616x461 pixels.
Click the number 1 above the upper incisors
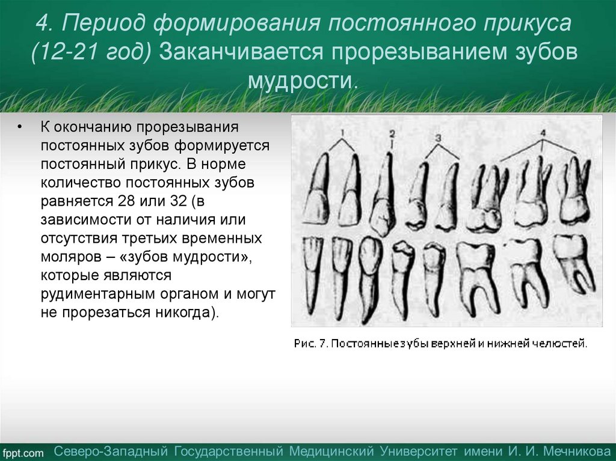click(341, 132)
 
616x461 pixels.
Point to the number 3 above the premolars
click(438, 138)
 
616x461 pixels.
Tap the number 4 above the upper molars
click(543, 132)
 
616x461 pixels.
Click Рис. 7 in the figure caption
click(310, 344)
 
